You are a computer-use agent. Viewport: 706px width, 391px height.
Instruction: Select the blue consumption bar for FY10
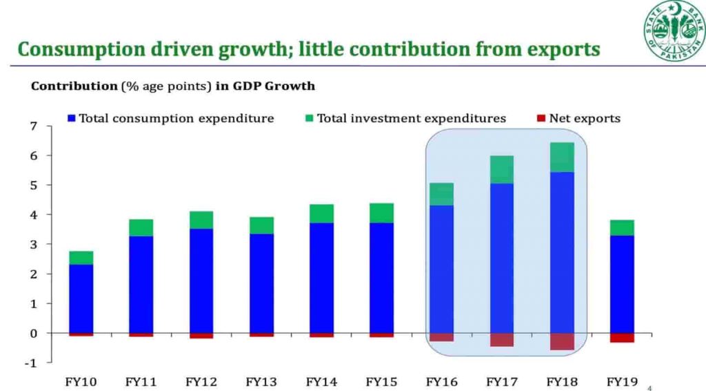click(81, 298)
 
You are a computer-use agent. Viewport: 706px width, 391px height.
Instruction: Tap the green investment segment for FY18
click(562, 157)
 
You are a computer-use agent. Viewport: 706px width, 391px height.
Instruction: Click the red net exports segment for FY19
click(622, 338)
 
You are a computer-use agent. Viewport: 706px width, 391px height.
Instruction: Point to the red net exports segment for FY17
click(502, 340)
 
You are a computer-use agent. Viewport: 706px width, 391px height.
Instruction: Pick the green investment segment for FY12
click(201, 220)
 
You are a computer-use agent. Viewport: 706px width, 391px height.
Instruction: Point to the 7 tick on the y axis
click(32, 126)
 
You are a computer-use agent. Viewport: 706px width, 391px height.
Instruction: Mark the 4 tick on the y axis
click(32, 215)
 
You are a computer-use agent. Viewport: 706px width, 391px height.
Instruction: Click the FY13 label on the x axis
click(261, 381)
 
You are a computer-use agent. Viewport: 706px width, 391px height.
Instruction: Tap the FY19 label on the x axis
click(622, 381)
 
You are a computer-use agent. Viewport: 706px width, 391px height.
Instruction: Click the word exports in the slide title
click(556, 50)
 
